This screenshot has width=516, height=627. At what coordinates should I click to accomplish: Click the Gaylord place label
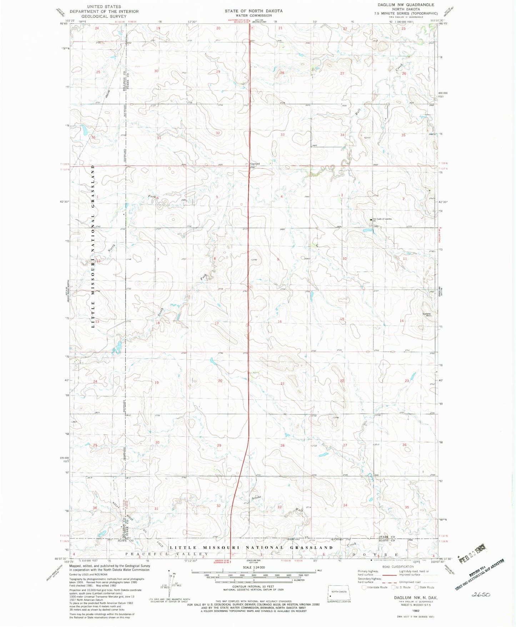tap(255, 164)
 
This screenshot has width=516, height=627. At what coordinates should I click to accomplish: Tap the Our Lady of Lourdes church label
tap(382, 219)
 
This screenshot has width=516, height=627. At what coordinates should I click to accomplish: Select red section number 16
tap(280, 322)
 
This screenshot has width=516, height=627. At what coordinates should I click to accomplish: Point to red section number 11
tap(405, 258)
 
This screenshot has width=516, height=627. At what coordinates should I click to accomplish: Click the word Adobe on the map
tap(256, 497)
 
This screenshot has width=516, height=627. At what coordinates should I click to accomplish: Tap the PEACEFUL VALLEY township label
tap(166, 554)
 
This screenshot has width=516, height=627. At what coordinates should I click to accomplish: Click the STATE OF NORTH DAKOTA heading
tap(254, 11)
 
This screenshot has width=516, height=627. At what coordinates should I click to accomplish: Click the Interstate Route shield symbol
tap(364, 587)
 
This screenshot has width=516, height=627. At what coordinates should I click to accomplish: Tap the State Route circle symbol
tap(417, 587)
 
